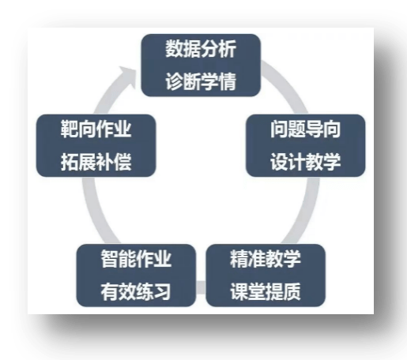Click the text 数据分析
click(x=201, y=49)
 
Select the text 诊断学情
click(x=201, y=81)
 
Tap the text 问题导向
click(x=306, y=129)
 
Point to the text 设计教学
click(x=306, y=162)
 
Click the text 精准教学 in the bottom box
click(x=266, y=259)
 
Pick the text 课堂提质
click(x=266, y=291)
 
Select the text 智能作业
click(x=136, y=259)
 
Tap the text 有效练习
click(x=136, y=291)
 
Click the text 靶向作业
click(x=96, y=129)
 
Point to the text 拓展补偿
click(x=96, y=162)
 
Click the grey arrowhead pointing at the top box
click(x=127, y=76)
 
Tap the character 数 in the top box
click(x=174, y=49)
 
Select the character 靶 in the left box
click(x=70, y=129)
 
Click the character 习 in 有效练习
click(x=163, y=291)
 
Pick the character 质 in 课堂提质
click(x=292, y=291)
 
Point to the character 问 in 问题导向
click(x=279, y=129)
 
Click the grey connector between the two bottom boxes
click(x=201, y=287)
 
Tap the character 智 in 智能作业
click(x=110, y=259)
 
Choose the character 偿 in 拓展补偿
click(x=122, y=162)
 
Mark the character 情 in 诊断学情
click(x=228, y=81)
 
